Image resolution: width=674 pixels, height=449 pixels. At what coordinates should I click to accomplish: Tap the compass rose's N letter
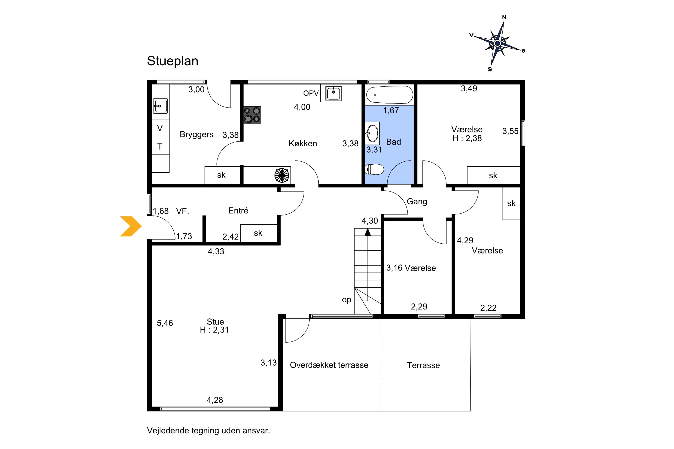coord(504,18)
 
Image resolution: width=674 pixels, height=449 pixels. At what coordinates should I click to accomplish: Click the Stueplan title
coord(173,61)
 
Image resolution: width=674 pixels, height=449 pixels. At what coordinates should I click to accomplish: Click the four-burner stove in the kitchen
coord(252,115)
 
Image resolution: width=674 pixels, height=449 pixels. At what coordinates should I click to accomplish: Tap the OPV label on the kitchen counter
coord(311,93)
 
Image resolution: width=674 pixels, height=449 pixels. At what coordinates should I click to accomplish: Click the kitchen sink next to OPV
coord(334,93)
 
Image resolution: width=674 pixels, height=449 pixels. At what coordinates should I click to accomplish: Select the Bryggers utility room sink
coord(160,106)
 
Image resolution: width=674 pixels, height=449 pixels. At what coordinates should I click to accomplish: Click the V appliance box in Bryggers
coord(160,128)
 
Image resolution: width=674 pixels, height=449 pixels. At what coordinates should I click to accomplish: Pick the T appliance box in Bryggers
coord(160,146)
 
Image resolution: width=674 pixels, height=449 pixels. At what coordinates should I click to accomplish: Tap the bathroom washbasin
coord(372,133)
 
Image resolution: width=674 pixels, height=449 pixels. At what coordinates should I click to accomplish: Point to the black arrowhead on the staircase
coord(368,232)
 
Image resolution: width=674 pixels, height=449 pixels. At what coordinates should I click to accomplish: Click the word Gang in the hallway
coord(417,202)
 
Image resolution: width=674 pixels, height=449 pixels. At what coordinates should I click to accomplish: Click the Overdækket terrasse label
coord(329,365)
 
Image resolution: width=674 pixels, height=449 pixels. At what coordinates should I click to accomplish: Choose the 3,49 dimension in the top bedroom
coord(469,88)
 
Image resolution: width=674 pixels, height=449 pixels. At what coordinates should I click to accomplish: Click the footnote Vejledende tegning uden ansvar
coord(208,430)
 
